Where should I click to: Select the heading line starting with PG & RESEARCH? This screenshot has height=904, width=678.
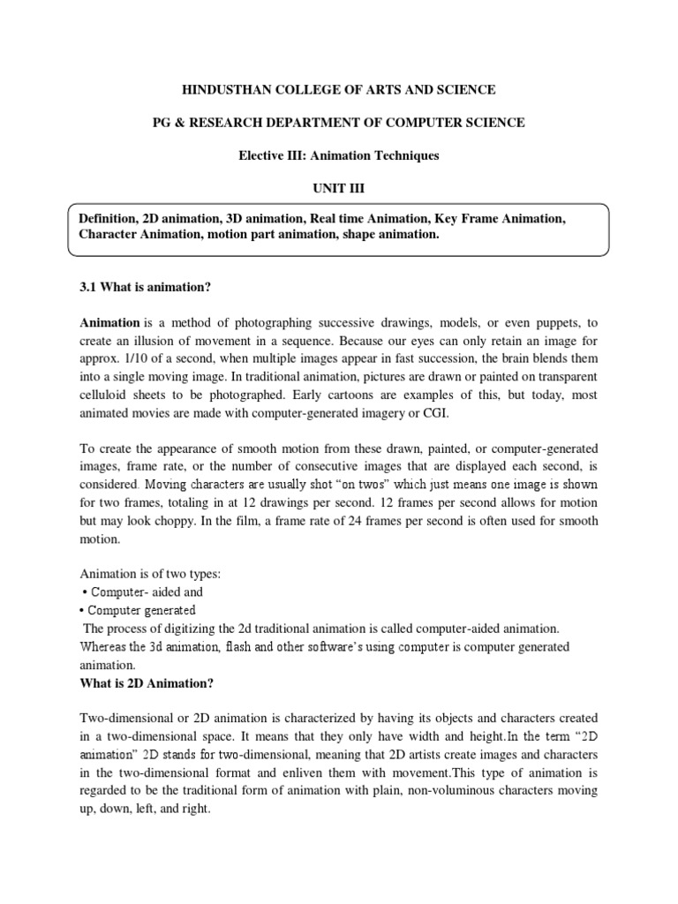[339, 123]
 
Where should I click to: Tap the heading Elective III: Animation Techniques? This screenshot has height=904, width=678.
[339, 155]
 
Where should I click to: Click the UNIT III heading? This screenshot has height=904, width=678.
[339, 188]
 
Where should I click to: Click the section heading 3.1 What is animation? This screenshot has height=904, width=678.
[145, 289]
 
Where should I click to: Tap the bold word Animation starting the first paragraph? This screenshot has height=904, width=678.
[109, 323]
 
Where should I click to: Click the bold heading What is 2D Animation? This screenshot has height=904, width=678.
[147, 683]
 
